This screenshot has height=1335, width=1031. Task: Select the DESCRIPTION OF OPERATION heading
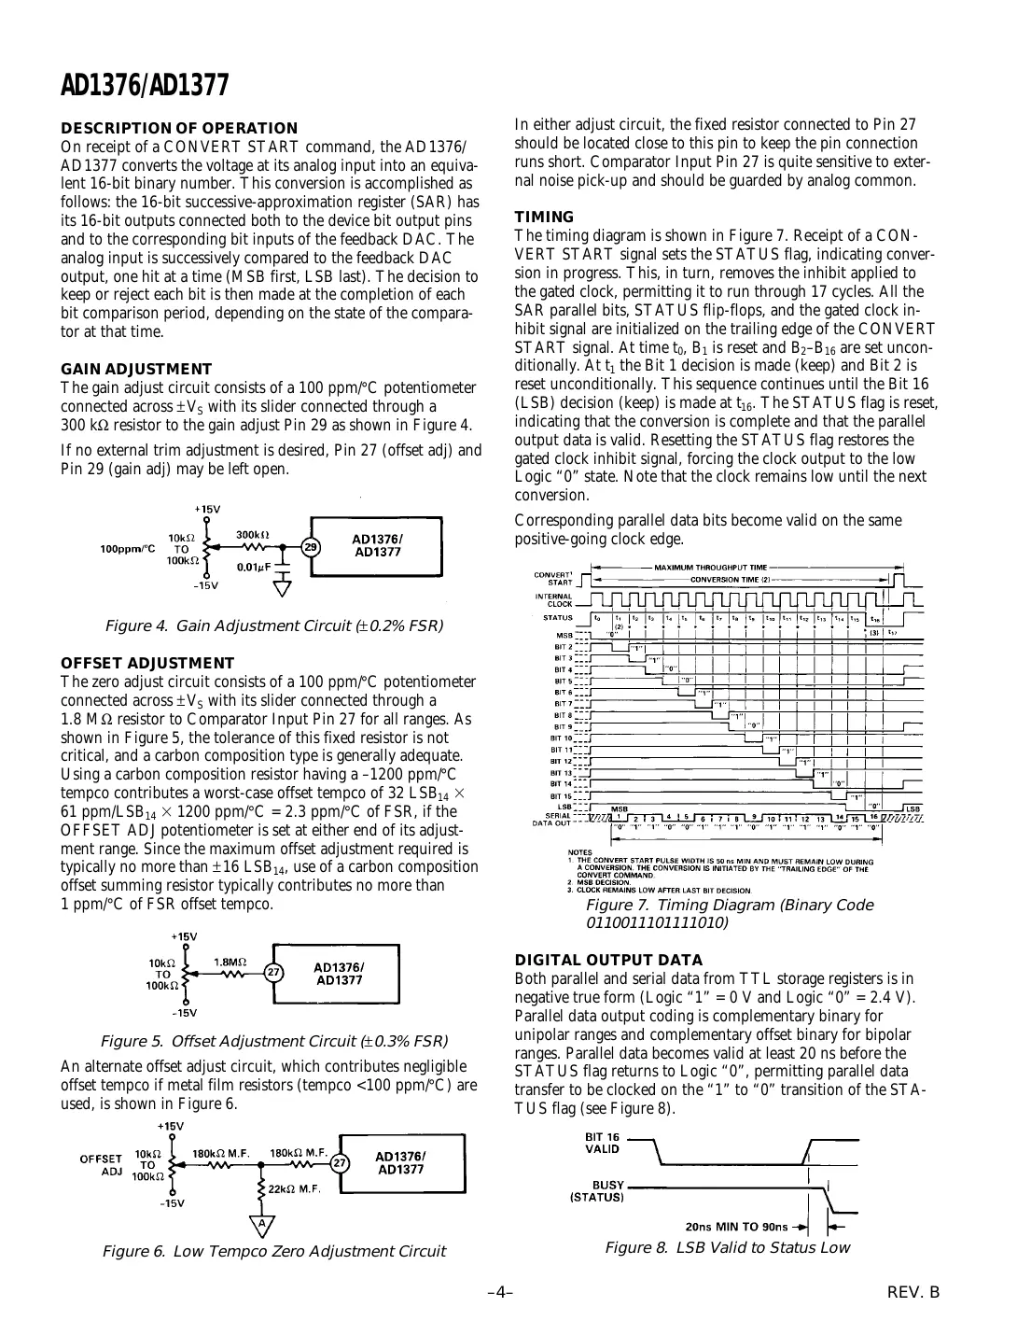(x=179, y=128)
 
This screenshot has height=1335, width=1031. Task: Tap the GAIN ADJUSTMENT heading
(x=136, y=369)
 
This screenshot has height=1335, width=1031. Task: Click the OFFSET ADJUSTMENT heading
(x=147, y=664)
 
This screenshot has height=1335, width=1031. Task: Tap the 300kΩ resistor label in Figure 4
(x=253, y=535)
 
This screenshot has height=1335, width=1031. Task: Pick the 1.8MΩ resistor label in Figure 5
(x=230, y=961)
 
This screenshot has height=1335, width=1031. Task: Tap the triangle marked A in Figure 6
(x=262, y=1223)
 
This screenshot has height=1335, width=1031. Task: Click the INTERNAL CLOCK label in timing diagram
(x=553, y=599)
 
